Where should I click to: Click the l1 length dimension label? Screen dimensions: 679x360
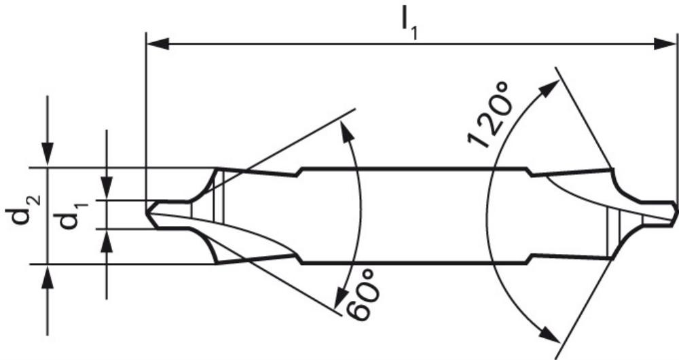tap(409, 28)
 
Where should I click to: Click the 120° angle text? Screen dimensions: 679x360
tap(488, 115)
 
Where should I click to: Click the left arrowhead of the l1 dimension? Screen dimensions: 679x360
tap(158, 43)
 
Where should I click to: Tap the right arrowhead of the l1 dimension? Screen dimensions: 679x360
tap(664, 43)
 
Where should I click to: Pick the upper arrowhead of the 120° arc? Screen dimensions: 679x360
tap(549, 89)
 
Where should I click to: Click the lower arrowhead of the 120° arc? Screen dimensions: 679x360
tap(549, 335)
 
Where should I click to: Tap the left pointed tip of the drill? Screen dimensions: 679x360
tap(147, 214)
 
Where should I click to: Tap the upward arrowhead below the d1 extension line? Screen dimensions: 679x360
tap(107, 241)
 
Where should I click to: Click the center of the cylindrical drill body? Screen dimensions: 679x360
tap(414, 215)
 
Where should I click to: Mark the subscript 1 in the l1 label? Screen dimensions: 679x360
tap(415, 34)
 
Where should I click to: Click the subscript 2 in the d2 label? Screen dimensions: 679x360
tap(35, 200)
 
